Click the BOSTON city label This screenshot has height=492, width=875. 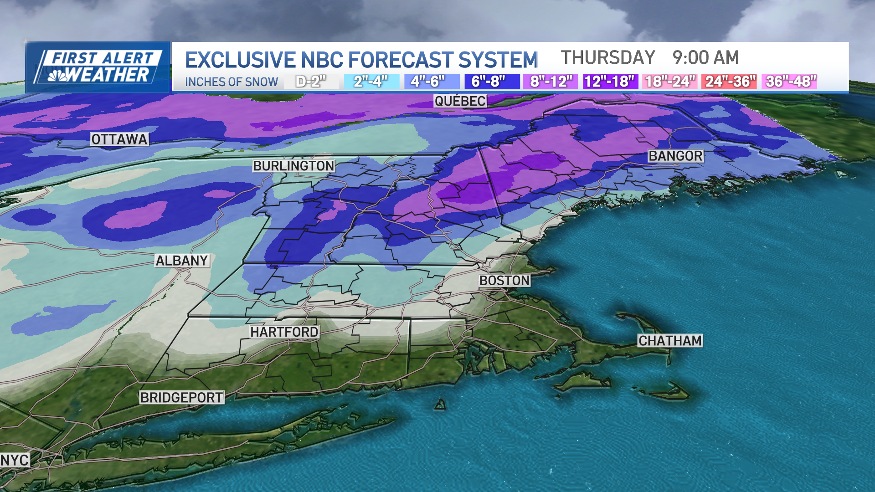coord(504,281)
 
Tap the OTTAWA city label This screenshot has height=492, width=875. coord(119,139)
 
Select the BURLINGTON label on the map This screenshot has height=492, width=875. coord(294,166)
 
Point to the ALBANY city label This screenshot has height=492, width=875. coord(182,261)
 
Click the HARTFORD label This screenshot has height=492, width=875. coord(284,332)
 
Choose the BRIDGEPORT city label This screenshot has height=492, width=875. coord(181,398)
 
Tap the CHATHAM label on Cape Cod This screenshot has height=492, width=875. coord(670,341)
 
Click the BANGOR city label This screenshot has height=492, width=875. coord(675,156)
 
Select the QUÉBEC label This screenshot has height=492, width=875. coord(460,101)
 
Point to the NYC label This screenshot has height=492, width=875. coord(15,460)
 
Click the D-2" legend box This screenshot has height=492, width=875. coord(311,82)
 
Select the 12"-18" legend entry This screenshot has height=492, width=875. coord(610,82)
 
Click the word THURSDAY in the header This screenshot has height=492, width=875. coord(608,58)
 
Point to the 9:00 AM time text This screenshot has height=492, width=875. coord(705,58)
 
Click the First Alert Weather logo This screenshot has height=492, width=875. coord(98,67)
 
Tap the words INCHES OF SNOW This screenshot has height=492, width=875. coord(232,82)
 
